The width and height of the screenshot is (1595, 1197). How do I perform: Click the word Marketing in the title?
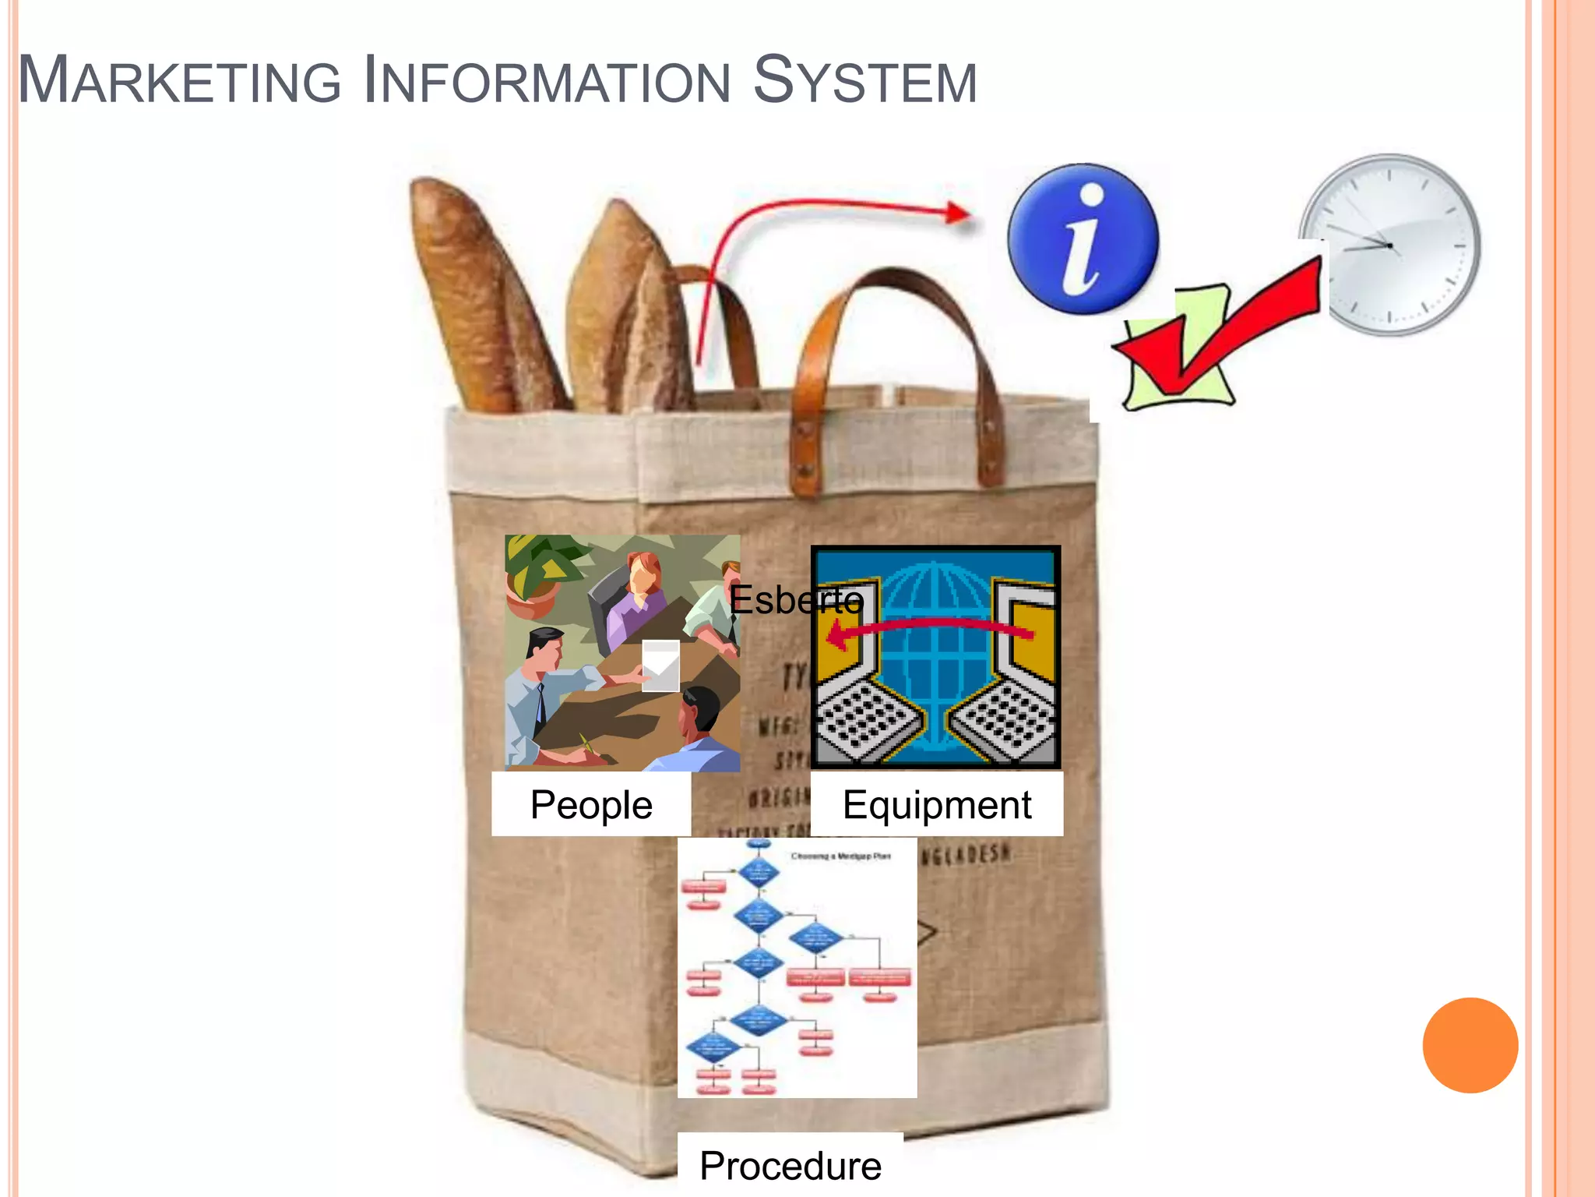pos(179,81)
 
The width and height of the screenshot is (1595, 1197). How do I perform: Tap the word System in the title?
pos(864,81)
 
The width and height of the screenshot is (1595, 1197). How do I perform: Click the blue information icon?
pos(1083,238)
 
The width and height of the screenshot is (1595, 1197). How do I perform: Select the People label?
pos(591,804)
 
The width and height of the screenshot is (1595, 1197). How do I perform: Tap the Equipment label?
pos(937,804)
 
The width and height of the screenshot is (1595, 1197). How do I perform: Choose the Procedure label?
pos(790,1166)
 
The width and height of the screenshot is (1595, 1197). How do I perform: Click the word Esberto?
pos(796,599)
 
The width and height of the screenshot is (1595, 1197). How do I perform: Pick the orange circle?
pos(1470,1045)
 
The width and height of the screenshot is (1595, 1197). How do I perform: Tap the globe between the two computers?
pos(935,655)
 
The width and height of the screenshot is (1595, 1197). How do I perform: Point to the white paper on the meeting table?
pos(660,666)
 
